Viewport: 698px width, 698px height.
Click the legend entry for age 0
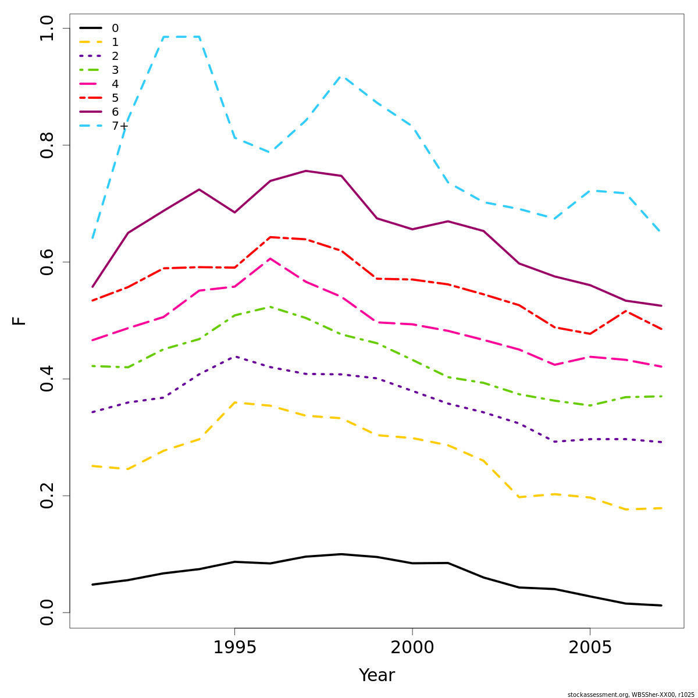click(115, 29)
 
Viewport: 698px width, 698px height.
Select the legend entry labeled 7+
click(120, 126)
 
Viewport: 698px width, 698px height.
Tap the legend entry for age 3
click(115, 70)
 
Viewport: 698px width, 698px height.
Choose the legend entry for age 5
click(115, 98)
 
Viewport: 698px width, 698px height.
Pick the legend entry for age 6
click(115, 112)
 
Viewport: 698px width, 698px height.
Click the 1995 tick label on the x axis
click(234, 648)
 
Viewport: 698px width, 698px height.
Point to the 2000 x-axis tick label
click(412, 648)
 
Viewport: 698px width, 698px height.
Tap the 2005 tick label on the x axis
click(590, 648)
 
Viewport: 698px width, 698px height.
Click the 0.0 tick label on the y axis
click(47, 612)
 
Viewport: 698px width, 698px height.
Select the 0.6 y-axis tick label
click(47, 262)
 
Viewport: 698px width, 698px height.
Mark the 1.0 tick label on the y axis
click(47, 28)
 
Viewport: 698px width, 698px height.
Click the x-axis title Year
click(377, 676)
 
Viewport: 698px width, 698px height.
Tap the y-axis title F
click(20, 320)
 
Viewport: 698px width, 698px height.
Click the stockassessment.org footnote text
click(631, 695)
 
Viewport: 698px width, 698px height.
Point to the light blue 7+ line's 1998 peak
click(341, 76)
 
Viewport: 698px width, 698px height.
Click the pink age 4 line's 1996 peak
click(270, 258)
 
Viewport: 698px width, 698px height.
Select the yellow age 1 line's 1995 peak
click(234, 402)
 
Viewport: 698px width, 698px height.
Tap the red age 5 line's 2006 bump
click(626, 311)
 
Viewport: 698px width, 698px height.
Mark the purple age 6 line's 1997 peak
click(306, 171)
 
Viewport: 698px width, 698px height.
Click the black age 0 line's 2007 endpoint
click(661, 606)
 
